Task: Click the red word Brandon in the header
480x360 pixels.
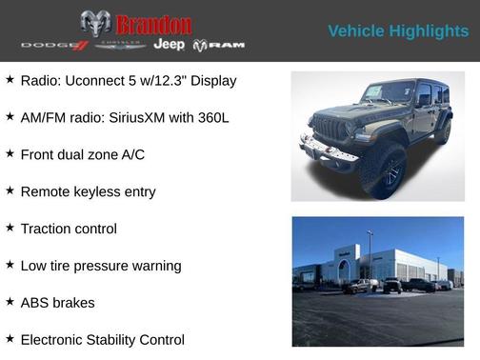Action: (x=153, y=25)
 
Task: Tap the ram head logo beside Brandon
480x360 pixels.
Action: (x=95, y=24)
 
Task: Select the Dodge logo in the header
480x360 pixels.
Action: (x=53, y=46)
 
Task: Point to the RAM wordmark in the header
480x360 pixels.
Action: (x=219, y=46)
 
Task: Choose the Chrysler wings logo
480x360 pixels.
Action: (x=120, y=45)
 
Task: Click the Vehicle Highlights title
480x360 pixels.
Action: (x=398, y=31)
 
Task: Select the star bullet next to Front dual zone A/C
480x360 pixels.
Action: (x=10, y=153)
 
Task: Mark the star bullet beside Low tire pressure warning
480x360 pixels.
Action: (x=10, y=265)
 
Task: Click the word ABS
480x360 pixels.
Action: (x=35, y=303)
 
